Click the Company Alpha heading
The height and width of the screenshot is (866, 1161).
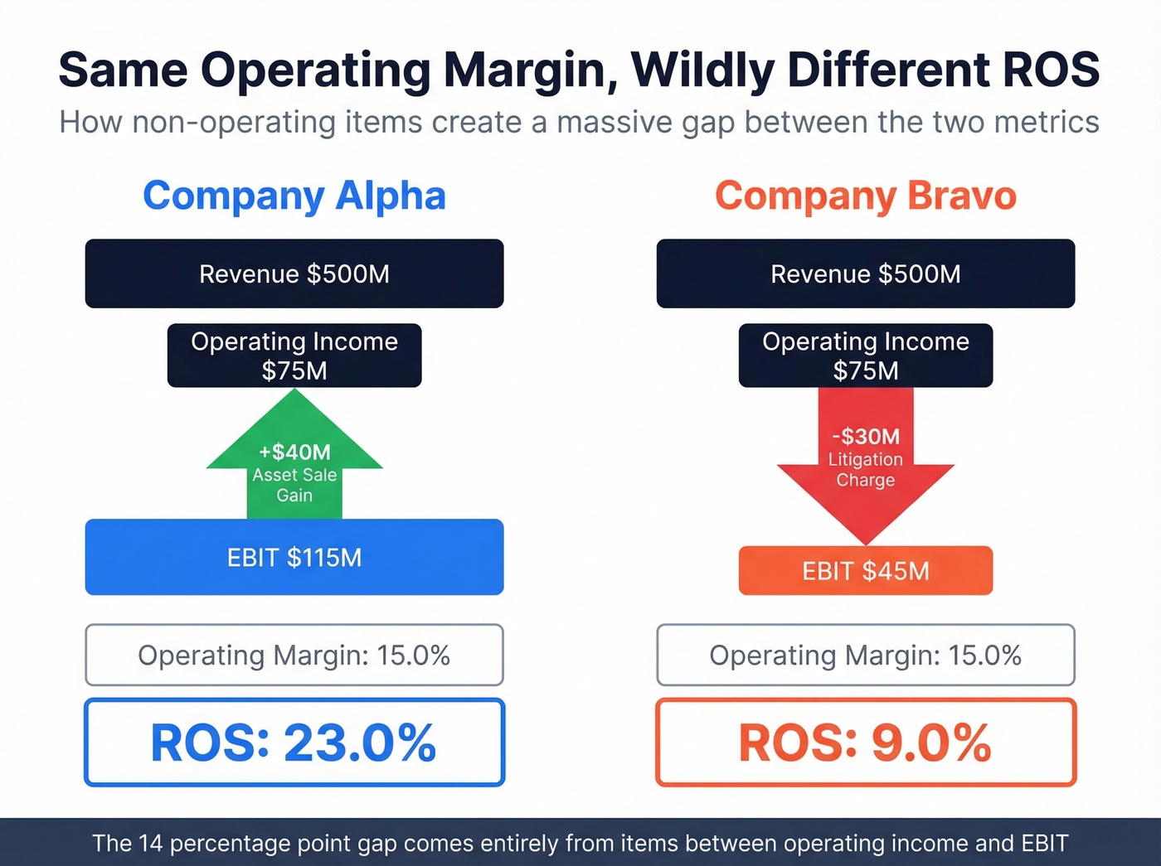point(294,196)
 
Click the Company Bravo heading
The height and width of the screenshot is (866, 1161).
point(865,196)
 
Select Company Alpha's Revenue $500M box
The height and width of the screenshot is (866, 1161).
point(294,273)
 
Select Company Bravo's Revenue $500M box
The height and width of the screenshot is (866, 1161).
point(865,273)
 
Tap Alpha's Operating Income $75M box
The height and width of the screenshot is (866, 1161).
point(294,356)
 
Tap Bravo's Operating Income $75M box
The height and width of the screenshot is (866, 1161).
point(865,356)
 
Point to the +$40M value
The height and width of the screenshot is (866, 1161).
point(294,452)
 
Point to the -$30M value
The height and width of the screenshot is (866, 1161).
point(865,437)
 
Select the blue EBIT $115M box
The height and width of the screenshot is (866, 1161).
point(294,557)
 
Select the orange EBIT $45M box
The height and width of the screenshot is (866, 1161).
point(865,570)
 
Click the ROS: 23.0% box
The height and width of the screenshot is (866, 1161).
point(294,742)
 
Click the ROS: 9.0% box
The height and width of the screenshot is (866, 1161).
point(865,742)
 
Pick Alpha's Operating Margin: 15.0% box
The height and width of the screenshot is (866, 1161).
point(294,655)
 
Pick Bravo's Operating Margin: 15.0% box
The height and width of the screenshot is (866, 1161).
point(865,655)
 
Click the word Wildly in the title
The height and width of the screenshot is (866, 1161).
point(702,70)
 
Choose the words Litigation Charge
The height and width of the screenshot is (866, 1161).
point(865,470)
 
